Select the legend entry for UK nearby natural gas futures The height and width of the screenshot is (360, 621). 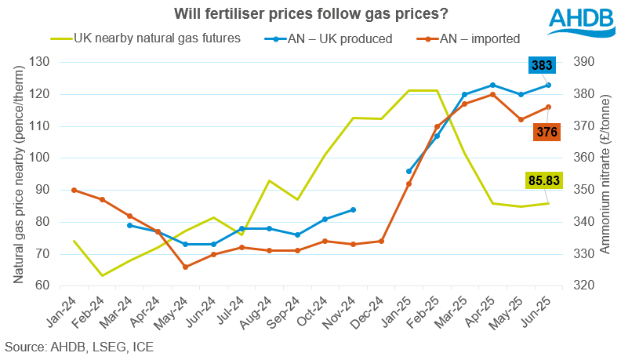[x=144, y=38]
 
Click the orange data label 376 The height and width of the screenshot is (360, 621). [x=547, y=132]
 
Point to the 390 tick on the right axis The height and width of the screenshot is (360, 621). [x=585, y=62]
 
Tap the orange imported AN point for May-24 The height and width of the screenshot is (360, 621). [x=185, y=267]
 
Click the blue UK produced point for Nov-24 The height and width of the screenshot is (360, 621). [x=353, y=209]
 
